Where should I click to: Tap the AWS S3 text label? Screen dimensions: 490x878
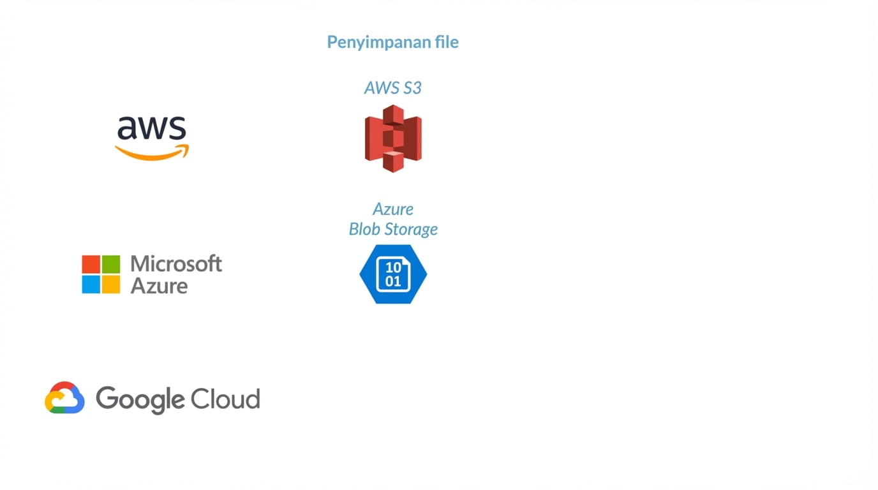click(x=392, y=88)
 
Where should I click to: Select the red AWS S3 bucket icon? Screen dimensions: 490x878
click(x=393, y=138)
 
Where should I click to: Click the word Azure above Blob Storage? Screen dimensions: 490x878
click(x=393, y=209)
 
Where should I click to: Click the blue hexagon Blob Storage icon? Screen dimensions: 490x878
click(x=393, y=274)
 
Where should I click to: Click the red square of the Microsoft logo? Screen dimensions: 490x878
click(x=91, y=264)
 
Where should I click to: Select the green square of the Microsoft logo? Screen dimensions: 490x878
click(x=110, y=264)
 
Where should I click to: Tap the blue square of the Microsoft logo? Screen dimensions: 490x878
click(x=91, y=285)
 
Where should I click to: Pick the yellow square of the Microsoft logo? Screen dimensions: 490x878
click(x=110, y=285)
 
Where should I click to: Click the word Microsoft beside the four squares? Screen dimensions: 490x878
click(x=176, y=264)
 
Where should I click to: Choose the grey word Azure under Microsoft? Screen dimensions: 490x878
click(x=159, y=285)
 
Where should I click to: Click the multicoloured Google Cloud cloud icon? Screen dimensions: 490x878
click(x=64, y=398)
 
